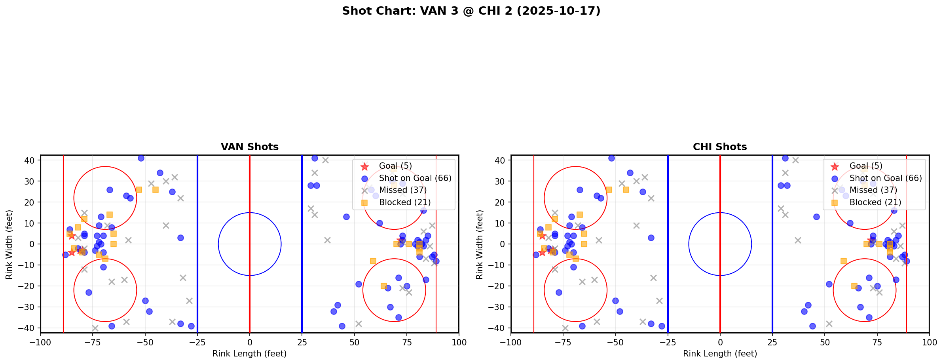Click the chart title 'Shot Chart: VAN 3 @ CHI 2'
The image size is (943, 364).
tap(471, 11)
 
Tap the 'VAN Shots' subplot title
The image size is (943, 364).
tap(249, 147)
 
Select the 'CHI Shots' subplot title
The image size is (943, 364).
tap(720, 147)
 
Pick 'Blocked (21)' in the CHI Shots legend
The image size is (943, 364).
tap(875, 202)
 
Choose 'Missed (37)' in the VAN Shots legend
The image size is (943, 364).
tap(402, 190)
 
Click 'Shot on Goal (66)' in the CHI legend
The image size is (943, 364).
tap(886, 178)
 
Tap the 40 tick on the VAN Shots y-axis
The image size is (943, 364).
tap(30, 160)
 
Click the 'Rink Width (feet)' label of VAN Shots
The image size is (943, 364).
tap(9, 244)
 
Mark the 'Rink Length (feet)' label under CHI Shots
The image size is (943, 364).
tap(720, 354)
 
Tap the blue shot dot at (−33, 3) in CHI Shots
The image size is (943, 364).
tap(651, 238)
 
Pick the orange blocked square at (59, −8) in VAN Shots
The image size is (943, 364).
tap(373, 261)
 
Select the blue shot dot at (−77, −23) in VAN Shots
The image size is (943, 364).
tap(89, 292)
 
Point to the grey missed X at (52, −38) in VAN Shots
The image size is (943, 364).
tap(359, 324)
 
